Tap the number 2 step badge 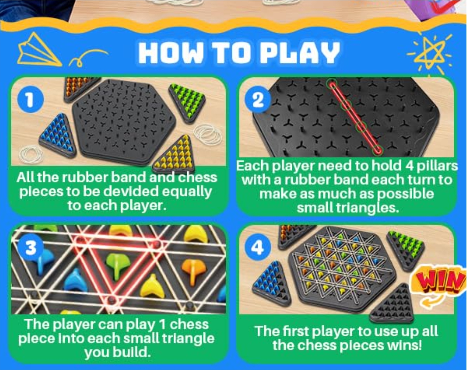click(x=258, y=99)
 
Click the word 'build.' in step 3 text click(x=136, y=352)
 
